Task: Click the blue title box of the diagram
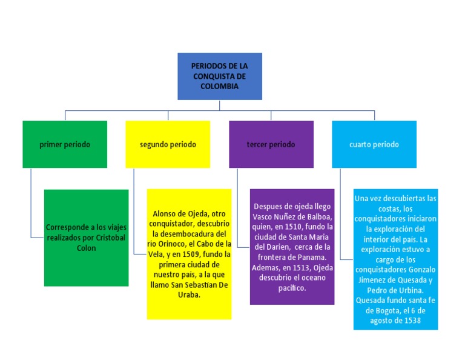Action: click(x=219, y=76)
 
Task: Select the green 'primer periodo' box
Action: click(x=65, y=144)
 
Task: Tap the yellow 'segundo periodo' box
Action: click(x=168, y=144)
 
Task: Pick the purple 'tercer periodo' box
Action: click(x=271, y=144)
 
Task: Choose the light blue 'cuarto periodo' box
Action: click(x=374, y=144)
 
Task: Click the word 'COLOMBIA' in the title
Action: click(x=219, y=86)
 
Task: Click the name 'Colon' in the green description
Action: click(x=86, y=248)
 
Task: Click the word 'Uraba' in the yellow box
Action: click(x=191, y=295)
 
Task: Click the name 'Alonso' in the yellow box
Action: click(x=165, y=213)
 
